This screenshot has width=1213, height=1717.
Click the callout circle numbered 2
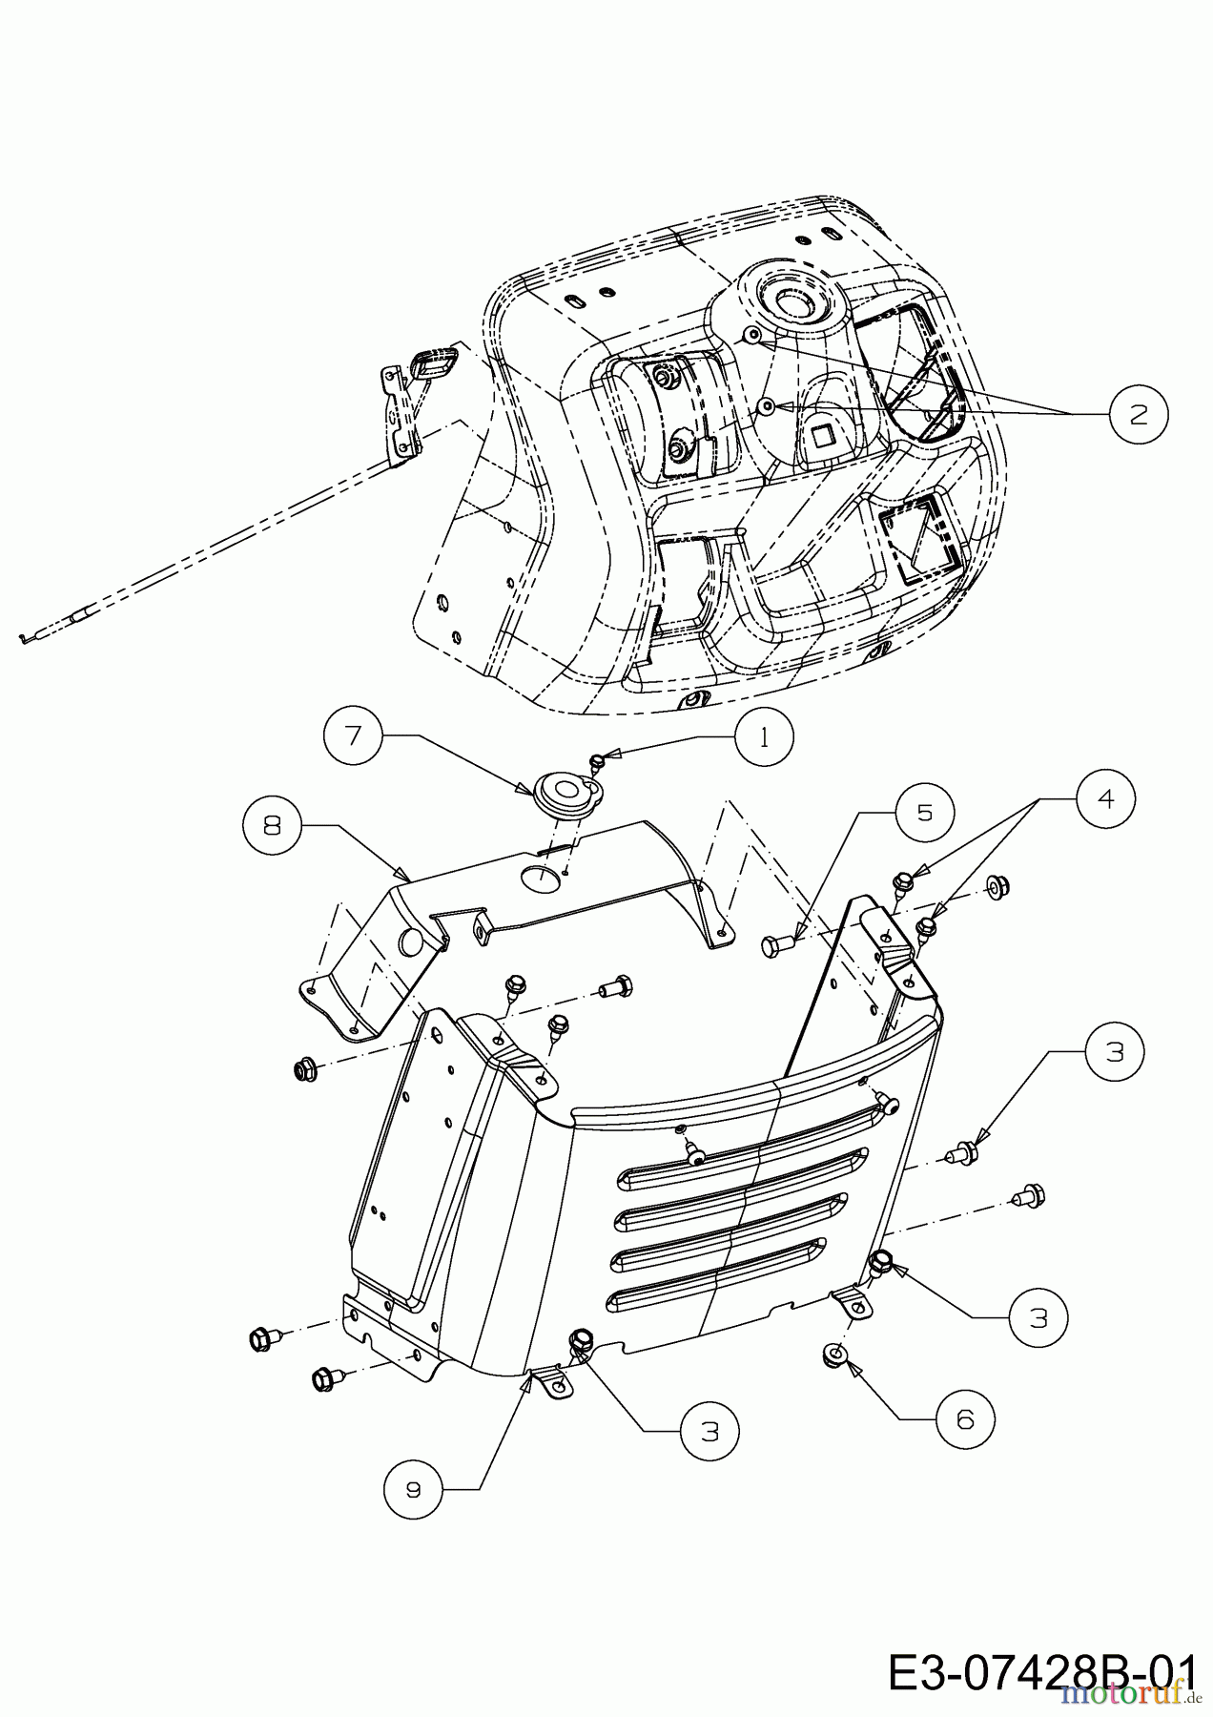pyautogui.click(x=1139, y=413)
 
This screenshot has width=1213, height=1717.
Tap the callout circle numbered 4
pyautogui.click(x=1106, y=799)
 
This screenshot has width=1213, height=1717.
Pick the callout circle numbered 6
pyautogui.click(x=964, y=1419)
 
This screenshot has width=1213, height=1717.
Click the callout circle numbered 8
pyautogui.click(x=274, y=826)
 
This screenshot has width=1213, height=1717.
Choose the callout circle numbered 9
pyautogui.click(x=412, y=1489)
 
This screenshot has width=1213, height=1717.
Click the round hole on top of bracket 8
pyautogui.click(x=539, y=877)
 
